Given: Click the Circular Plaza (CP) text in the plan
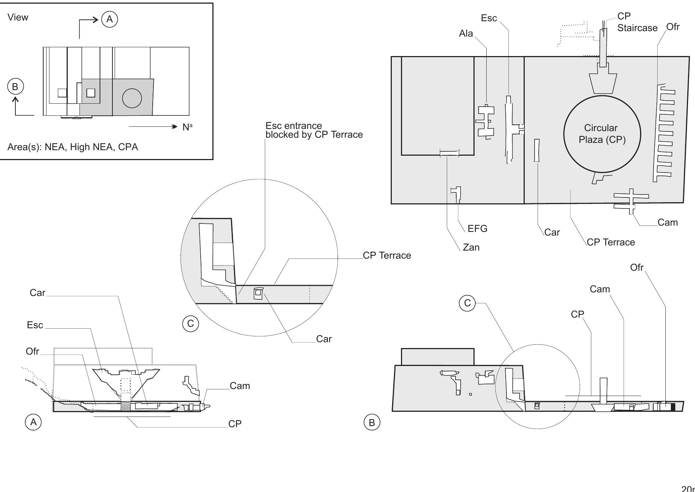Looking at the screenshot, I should click(602, 134).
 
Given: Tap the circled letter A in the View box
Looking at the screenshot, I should click(109, 19).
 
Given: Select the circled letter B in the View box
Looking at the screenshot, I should click(15, 87).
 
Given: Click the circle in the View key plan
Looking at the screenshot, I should click(132, 98).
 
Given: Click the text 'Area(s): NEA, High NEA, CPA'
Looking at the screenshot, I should click(73, 147).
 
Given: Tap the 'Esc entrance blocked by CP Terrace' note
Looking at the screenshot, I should click(314, 130).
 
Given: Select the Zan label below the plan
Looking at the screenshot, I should click(471, 247).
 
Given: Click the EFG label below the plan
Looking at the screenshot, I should click(477, 229).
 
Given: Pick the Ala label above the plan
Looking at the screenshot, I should click(466, 33).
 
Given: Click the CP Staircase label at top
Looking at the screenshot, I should click(637, 22).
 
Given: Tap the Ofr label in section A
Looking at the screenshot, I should click(32, 351).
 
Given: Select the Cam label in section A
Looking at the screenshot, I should click(240, 386).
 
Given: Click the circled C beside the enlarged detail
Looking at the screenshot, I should click(190, 323).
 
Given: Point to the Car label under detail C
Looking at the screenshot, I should click(324, 339).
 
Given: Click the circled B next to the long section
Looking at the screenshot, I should click(372, 422).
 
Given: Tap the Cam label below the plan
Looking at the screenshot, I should click(667, 222).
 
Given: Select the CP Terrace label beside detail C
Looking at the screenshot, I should click(387, 255).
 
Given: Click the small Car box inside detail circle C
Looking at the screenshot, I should click(259, 293).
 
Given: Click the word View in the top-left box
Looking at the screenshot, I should click(18, 17).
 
